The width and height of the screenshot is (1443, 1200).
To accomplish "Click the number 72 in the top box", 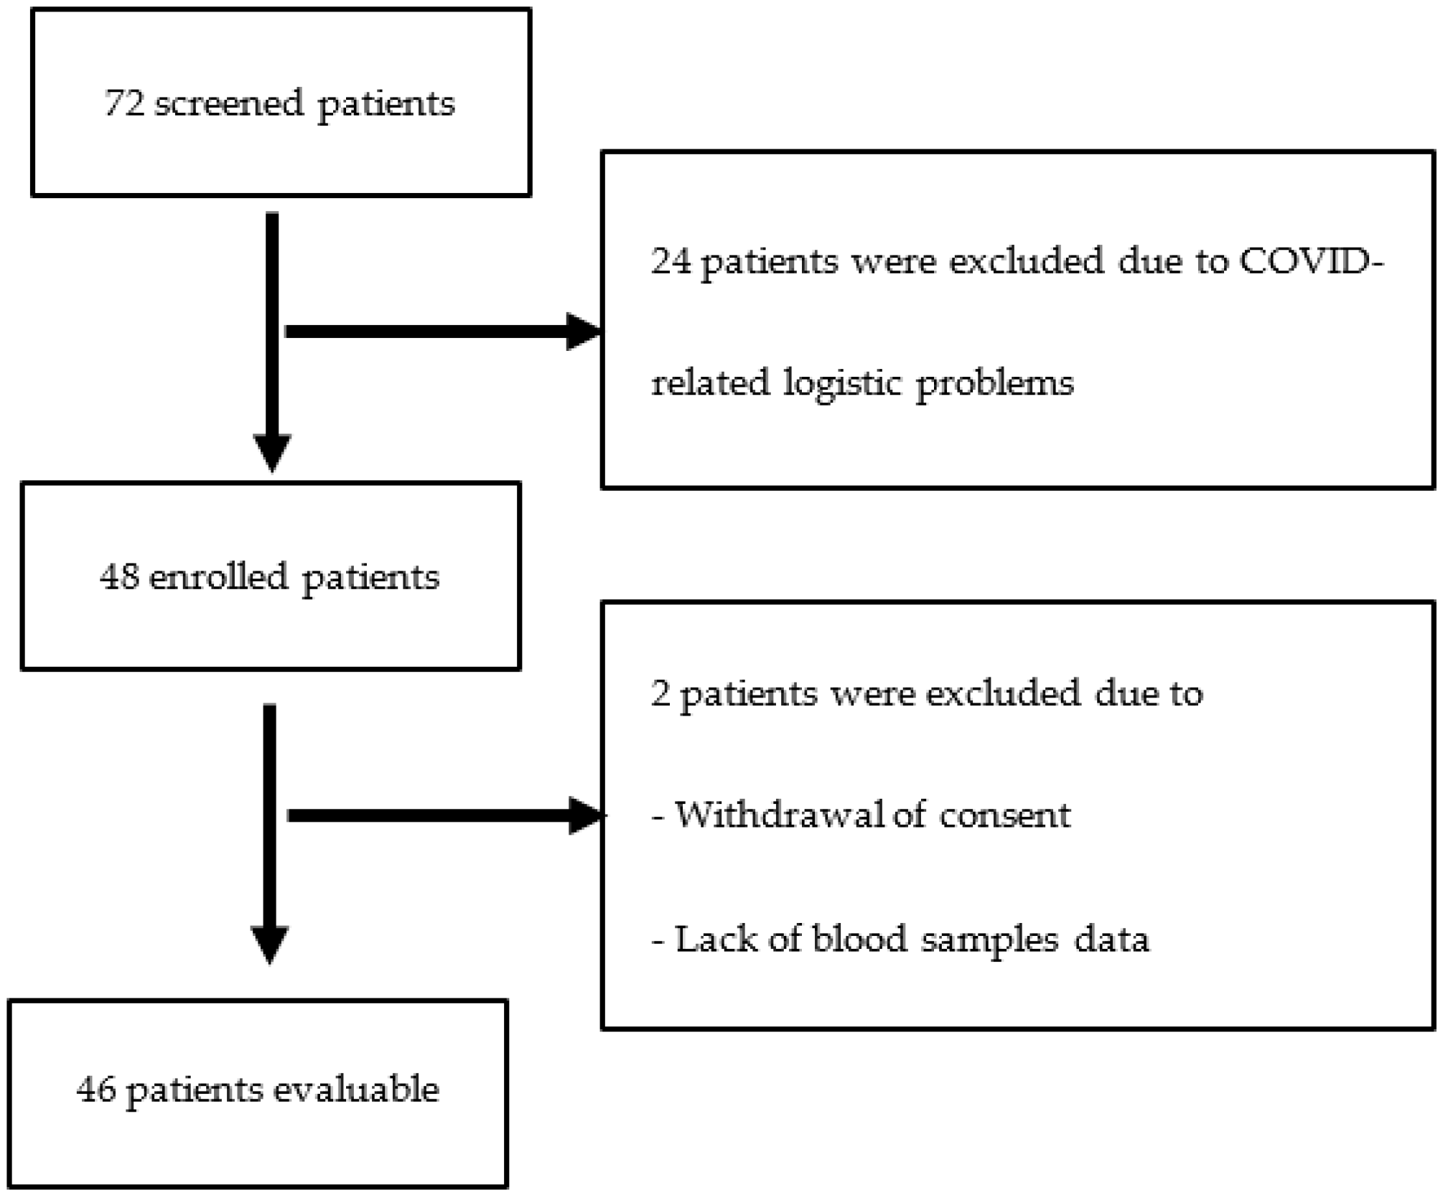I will pos(124,103).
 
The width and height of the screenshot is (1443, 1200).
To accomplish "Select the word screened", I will pos(229,103).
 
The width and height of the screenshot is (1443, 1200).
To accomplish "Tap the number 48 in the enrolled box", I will pos(119,576).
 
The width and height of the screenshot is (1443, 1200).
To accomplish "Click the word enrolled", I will pos(218,576).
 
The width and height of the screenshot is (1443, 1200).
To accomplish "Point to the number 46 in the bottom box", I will pos(96,1089).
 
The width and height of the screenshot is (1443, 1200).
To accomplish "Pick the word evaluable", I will pos(356,1089).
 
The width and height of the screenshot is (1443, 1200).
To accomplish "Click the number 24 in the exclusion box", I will pos(671,261).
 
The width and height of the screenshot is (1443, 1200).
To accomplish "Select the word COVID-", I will pos(1311,261).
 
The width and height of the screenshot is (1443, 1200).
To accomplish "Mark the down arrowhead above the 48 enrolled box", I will pos(272,452).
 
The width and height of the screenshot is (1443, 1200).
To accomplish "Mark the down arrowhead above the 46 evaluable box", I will pos(270,944).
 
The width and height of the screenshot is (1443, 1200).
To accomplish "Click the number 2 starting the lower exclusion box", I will pos(660,694).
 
